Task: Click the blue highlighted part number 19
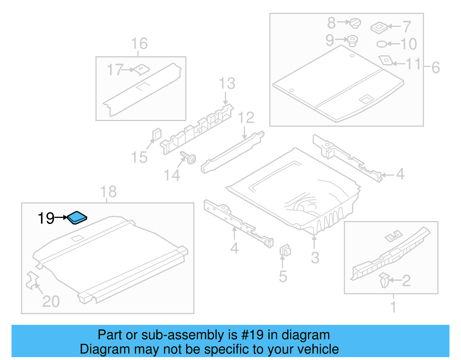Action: pyautogui.click(x=77, y=218)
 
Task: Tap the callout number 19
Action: pyautogui.click(x=46, y=218)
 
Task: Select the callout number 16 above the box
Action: pyautogui.click(x=139, y=44)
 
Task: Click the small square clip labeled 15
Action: pyautogui.click(x=156, y=134)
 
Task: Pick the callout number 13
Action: pyautogui.click(x=227, y=84)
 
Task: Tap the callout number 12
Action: pyautogui.click(x=246, y=118)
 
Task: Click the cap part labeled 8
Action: pyautogui.click(x=355, y=23)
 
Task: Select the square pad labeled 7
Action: pyautogui.click(x=379, y=28)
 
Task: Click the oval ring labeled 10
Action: pyautogui.click(x=382, y=44)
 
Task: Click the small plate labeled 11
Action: pyautogui.click(x=386, y=61)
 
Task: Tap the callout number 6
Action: pyautogui.click(x=435, y=68)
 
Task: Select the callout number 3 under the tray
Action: pyautogui.click(x=315, y=257)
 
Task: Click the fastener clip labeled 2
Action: pyautogui.click(x=384, y=280)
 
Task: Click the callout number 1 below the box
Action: pyautogui.click(x=393, y=306)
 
